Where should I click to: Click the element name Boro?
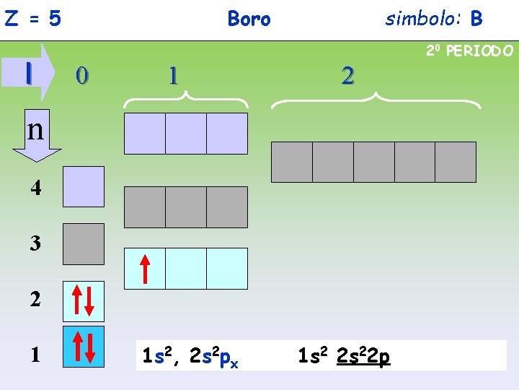(x=249, y=19)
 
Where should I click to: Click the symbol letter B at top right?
(x=476, y=19)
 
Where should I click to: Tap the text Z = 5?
(x=32, y=19)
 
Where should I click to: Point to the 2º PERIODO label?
(x=469, y=51)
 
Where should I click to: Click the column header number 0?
(x=83, y=74)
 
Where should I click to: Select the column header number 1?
(x=172, y=74)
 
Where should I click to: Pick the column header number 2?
(x=347, y=74)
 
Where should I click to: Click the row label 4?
(x=35, y=188)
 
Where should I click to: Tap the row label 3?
(x=35, y=243)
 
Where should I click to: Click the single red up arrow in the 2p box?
(x=145, y=269)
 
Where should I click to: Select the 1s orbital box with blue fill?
(x=83, y=347)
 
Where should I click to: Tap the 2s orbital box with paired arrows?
(x=83, y=301)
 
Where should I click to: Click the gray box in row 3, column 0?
(x=83, y=244)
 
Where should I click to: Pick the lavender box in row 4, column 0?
(x=83, y=187)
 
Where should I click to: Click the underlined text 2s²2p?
(x=363, y=355)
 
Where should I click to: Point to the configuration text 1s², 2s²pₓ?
(x=190, y=356)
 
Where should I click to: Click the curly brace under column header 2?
(x=376, y=101)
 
